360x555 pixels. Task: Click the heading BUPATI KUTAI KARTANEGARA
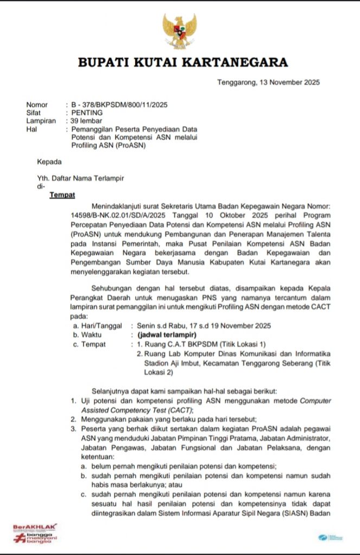pos(183,63)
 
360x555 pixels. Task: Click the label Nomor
pos(37,105)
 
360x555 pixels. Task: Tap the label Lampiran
pos(41,121)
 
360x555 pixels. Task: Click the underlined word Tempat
pos(62,195)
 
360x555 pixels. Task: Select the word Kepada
pos(49,162)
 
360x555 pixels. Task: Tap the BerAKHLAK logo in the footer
pos(35,532)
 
